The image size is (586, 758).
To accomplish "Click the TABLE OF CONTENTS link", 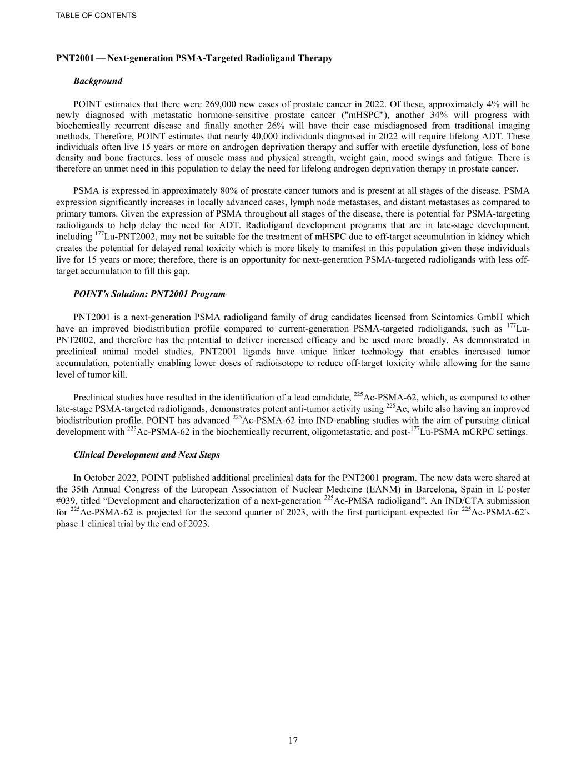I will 96,16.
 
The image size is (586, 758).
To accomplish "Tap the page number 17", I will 293,740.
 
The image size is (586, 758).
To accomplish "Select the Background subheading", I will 98,81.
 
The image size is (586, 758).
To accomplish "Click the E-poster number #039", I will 66,501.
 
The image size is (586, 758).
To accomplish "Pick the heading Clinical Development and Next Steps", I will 147,455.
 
